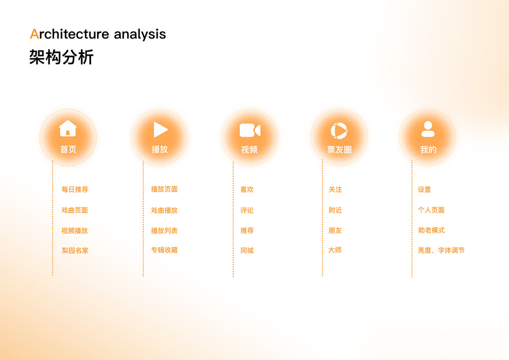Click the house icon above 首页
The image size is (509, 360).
[68, 128]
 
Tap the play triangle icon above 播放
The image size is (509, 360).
[160, 130]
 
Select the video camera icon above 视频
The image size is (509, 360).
[250, 130]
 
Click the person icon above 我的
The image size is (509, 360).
[428, 129]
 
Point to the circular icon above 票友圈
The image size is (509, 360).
[339, 131]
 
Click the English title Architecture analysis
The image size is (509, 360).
[98, 34]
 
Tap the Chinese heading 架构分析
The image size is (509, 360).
[61, 57]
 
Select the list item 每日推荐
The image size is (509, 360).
[75, 190]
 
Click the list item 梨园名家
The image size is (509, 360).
[75, 251]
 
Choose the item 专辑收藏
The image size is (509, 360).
[164, 250]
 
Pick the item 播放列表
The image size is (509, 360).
[164, 230]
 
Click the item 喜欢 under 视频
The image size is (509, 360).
[247, 190]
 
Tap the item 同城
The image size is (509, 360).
[247, 251]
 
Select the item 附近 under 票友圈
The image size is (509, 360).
[335, 210]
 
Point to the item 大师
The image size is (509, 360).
[335, 250]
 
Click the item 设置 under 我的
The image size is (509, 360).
[424, 190]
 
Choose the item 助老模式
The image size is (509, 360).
[432, 230]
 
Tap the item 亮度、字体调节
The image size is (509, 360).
[441, 250]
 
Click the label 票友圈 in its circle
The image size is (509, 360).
[339, 149]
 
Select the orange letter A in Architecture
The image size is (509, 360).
[34, 34]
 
